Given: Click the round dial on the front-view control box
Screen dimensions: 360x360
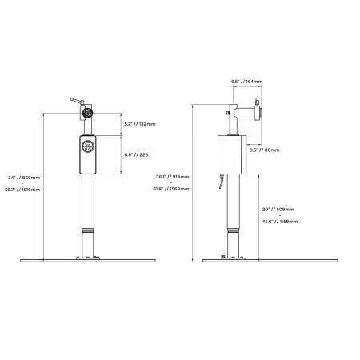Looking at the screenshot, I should click(88, 147).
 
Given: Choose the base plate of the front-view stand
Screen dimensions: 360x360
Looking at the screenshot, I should click(88, 259).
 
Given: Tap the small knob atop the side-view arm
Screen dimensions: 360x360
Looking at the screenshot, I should click(256, 102).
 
